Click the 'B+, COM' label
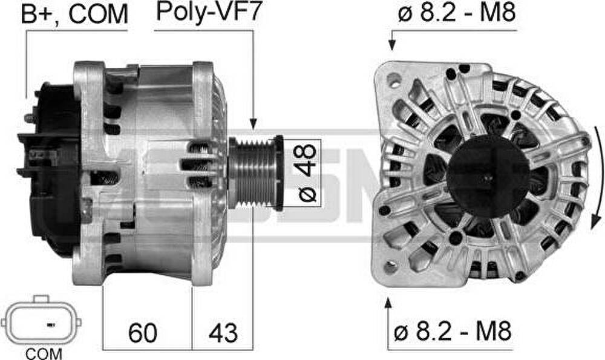(74, 15)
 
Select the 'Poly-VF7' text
(209, 12)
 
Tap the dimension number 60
(143, 333)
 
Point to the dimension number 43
(223, 333)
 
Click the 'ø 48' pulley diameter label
(307, 173)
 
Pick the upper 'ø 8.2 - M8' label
(457, 13)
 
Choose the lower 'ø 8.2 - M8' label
(453, 331)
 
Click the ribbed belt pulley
(256, 172)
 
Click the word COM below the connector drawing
(44, 353)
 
